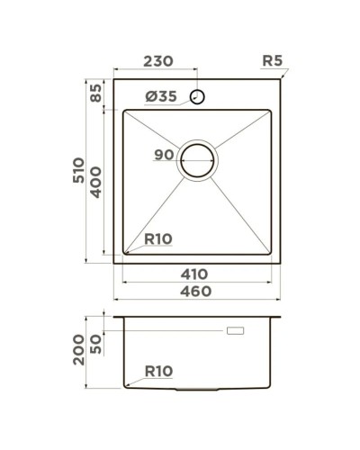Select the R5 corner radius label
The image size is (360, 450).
click(x=273, y=61)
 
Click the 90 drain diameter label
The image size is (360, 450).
click(x=164, y=155)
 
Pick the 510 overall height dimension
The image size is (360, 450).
click(x=79, y=171)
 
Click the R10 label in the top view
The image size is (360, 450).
click(x=158, y=238)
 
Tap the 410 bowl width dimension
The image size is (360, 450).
click(x=193, y=274)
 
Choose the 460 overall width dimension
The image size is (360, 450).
click(x=193, y=292)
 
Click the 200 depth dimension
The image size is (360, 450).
click(x=79, y=347)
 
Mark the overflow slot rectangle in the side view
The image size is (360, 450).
click(x=238, y=332)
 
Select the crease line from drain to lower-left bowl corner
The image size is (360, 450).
click(x=155, y=211)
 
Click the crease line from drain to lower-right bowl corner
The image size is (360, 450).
click(x=241, y=211)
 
